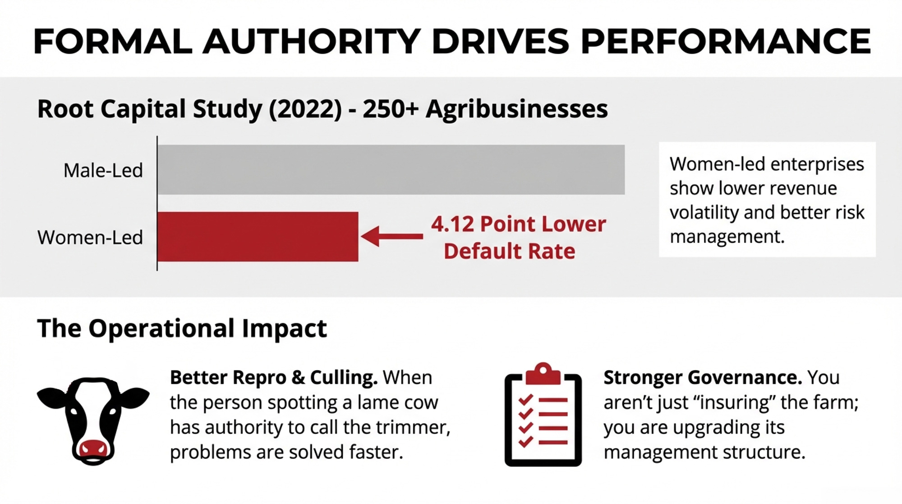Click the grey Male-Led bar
[x=391, y=170]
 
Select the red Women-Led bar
[x=258, y=237]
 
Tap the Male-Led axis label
[x=103, y=171]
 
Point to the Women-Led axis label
[x=90, y=238]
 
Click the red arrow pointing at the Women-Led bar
[x=391, y=236]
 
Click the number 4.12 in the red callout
[x=452, y=224]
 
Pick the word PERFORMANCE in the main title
[x=726, y=42]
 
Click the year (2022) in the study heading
[x=305, y=109]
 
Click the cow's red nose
[x=93, y=448]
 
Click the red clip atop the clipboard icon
[x=543, y=373]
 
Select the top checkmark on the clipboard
[x=526, y=399]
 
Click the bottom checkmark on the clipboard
[x=526, y=441]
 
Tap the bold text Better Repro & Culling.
[x=274, y=378]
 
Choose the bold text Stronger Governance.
[x=703, y=378]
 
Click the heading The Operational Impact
[x=182, y=328]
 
